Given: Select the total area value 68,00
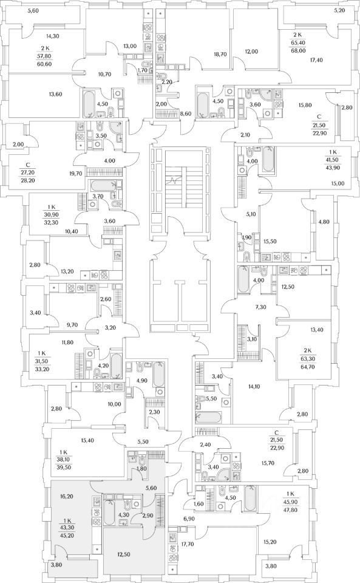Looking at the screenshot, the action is coord(297,49).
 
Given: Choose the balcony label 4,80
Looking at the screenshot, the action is coord(324,222).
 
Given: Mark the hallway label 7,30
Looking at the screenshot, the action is coord(260,307).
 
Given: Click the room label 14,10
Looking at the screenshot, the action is coord(254,387).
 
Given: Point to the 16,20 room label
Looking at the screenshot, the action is coord(66,496).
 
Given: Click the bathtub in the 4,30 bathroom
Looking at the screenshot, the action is coord(109,513).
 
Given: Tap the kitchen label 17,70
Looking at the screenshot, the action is coord(188,544).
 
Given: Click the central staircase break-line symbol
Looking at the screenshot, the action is coord(174,181).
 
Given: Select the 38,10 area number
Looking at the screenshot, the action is coord(64,460).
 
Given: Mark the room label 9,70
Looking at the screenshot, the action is coord(72,324).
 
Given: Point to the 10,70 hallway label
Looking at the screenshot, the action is coord(105,74).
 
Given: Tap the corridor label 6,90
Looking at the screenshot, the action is coord(189,518).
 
